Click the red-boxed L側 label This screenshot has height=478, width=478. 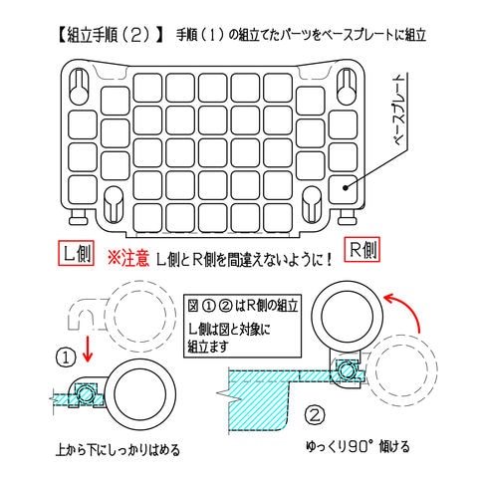pos(76,253)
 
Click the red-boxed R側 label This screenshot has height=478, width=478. pos(361,250)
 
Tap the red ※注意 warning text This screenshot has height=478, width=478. pos(128,258)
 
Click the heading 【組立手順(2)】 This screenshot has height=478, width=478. pos(111,35)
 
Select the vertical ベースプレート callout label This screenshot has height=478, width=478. pos(399,110)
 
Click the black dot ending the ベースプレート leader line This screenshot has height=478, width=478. pos(346,188)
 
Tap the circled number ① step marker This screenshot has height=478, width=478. pos(66,358)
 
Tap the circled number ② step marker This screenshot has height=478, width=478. pos(315,415)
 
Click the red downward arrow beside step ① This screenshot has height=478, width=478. pos(88,349)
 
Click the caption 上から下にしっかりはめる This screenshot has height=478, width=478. pos(118,450)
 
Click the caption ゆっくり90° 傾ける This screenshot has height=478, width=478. pos(358,447)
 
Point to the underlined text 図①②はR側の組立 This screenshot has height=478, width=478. pos(243,306)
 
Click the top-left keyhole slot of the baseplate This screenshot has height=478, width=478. pos(79,87)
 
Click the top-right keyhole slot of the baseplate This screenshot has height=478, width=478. pos(347,87)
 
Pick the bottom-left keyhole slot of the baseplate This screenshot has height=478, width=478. pos(114,204)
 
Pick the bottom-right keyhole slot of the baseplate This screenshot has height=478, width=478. pos(312,204)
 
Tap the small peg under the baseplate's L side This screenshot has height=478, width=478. pos(79,217)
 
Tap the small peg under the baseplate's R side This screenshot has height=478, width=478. pos(348,217)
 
